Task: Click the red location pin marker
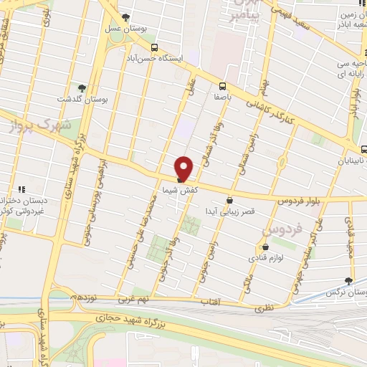tap(184, 168)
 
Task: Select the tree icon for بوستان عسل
tap(126, 16)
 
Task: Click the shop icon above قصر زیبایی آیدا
tap(229, 200)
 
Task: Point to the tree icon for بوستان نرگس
tap(349, 281)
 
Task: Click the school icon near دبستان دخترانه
tap(22, 190)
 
